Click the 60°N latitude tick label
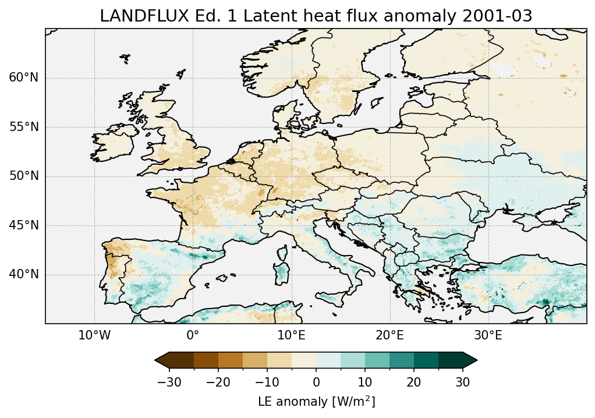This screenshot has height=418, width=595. point(24,78)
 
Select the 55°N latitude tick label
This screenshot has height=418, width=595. point(24,127)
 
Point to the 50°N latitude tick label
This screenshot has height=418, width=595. point(24,176)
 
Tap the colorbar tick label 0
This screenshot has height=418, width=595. point(316,382)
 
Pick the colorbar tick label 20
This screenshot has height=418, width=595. point(414,382)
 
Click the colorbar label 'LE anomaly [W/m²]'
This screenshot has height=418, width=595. point(316,402)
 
